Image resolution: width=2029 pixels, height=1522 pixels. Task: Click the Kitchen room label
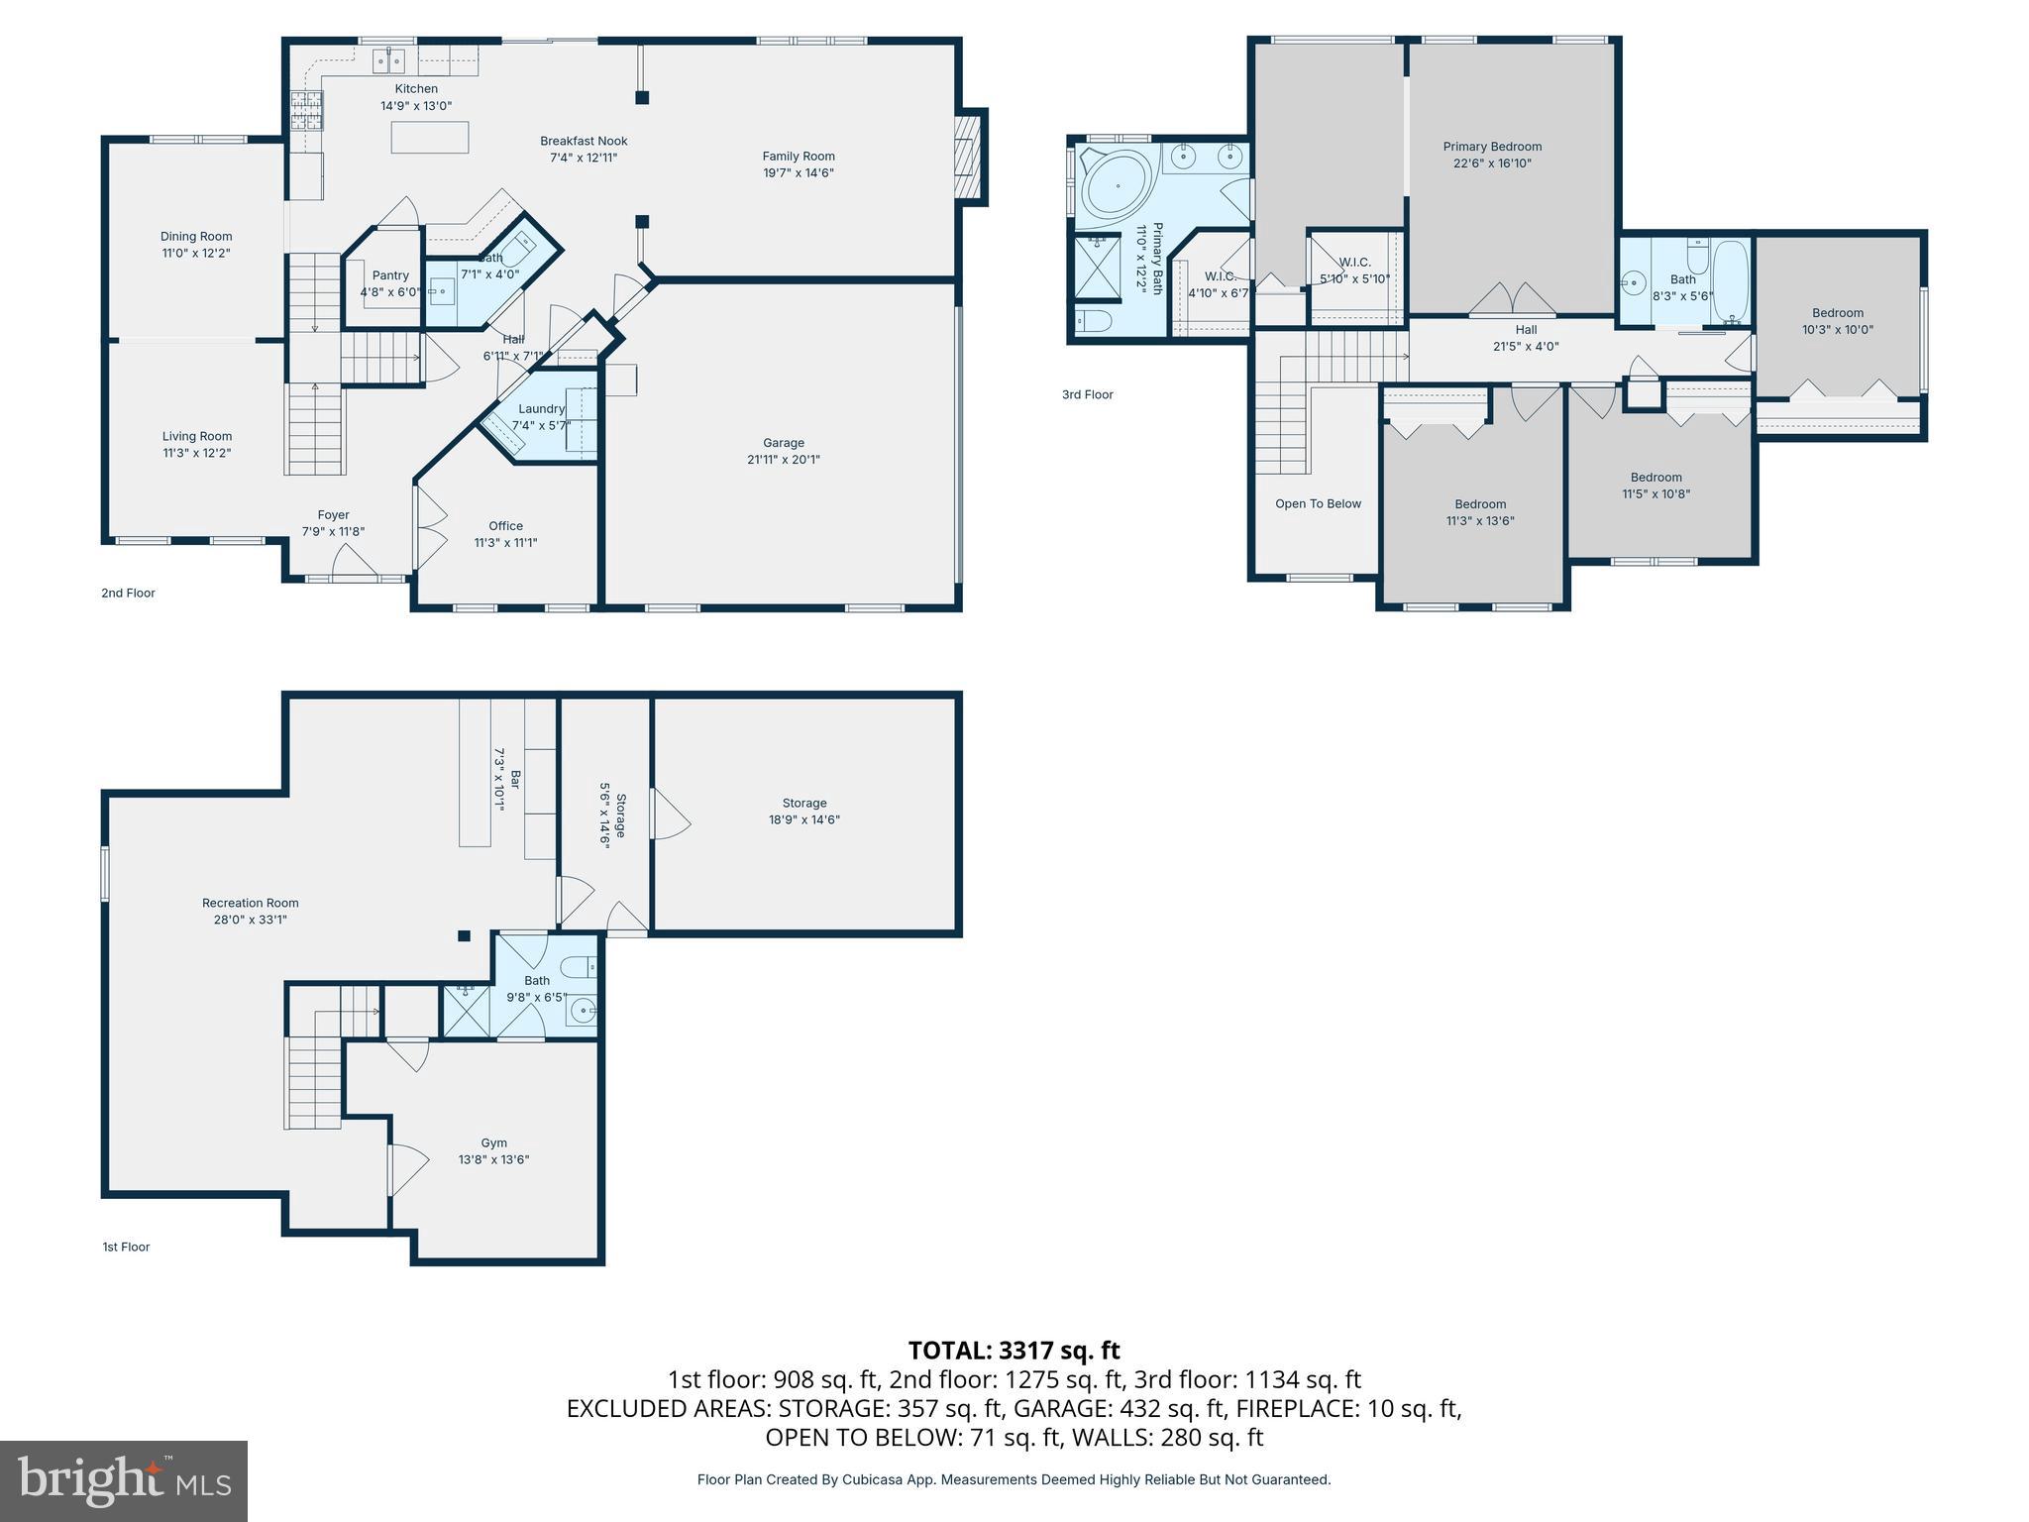(416, 89)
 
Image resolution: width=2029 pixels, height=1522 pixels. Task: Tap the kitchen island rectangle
(430, 137)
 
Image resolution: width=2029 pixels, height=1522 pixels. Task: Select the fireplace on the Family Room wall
(967, 157)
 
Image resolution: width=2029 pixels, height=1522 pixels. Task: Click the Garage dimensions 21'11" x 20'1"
(783, 460)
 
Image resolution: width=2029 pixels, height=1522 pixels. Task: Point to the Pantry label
(390, 275)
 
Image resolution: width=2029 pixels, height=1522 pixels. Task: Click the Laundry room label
(541, 408)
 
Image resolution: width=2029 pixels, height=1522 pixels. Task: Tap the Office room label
(505, 526)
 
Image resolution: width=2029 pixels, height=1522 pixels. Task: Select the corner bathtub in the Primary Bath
(1116, 184)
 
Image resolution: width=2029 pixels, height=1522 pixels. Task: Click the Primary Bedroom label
(1492, 147)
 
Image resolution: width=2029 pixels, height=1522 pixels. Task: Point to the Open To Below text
(1318, 503)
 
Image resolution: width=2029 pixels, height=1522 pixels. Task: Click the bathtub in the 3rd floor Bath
(1731, 281)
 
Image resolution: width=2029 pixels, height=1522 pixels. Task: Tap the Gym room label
(493, 1142)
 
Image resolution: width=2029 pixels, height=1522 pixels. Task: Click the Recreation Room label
(250, 903)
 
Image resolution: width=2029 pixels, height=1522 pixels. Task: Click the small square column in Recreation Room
(464, 935)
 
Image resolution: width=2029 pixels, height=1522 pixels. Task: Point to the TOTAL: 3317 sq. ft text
(1014, 1351)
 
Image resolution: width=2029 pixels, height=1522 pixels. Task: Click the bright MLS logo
(124, 1480)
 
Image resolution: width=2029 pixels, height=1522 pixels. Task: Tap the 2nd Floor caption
(128, 593)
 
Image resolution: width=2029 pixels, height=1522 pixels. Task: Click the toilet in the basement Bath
(578, 966)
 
